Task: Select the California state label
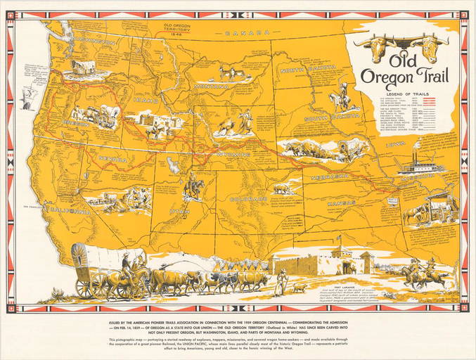coord(68,210)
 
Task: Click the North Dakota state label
coord(307,70)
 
